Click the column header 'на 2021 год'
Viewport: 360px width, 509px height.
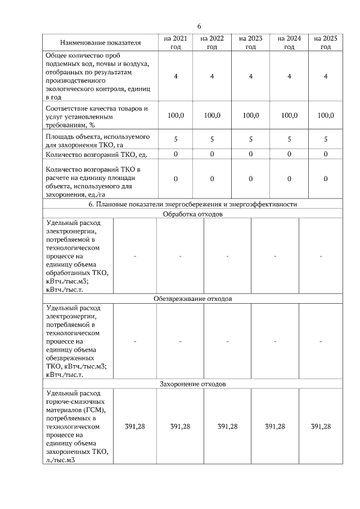point(176,43)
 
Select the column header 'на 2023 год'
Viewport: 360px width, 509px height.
point(250,43)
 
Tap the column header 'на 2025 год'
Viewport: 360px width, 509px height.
point(325,43)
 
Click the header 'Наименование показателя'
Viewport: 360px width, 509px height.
point(101,43)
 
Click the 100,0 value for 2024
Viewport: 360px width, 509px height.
point(289,115)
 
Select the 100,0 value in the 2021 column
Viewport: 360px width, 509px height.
point(176,115)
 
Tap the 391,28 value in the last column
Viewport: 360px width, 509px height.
point(321,426)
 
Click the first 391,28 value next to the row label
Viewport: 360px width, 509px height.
point(135,426)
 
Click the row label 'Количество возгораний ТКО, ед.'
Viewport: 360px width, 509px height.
point(92,154)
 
